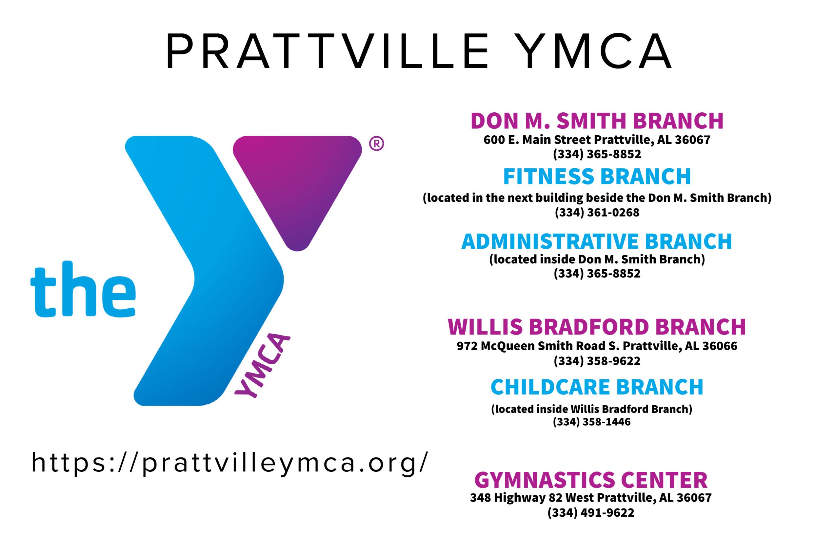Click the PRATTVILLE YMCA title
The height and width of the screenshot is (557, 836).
[x=418, y=51]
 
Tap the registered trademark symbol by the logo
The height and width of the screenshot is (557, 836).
[x=376, y=144]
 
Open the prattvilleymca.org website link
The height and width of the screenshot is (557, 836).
[x=230, y=463]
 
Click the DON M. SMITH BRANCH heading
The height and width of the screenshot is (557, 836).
[x=597, y=121]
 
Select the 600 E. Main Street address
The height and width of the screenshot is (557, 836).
[x=597, y=140]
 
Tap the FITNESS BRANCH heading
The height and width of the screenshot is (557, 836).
[x=597, y=177]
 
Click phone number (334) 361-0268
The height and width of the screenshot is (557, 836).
[x=597, y=212]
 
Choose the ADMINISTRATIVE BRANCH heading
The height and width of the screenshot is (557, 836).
[x=596, y=241]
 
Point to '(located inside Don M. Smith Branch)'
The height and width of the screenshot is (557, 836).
[x=597, y=259]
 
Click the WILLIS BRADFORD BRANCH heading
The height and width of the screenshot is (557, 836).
[x=596, y=327]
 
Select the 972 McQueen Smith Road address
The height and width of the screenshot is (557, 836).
[x=597, y=346]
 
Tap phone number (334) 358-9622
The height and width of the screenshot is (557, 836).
[x=597, y=361]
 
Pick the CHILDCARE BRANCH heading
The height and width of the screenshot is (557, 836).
[x=597, y=387]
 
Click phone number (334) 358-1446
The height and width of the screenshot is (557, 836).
[x=591, y=422]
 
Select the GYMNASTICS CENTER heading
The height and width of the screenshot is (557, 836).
[x=591, y=480]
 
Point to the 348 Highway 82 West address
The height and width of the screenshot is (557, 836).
[x=591, y=498]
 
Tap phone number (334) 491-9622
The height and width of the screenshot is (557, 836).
[x=591, y=512]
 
